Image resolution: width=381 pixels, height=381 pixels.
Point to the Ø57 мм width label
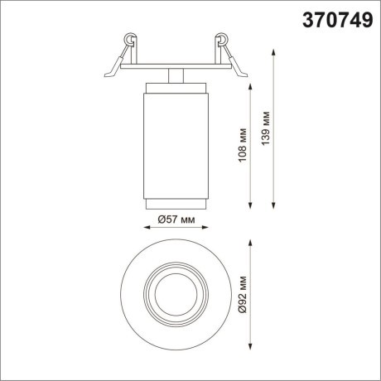(176, 220)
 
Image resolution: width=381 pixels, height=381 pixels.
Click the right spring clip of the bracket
(221, 40)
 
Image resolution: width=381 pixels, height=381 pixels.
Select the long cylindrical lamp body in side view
(174, 141)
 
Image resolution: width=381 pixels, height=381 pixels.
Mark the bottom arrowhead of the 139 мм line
(274, 204)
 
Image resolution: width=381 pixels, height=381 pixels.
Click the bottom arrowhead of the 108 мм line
(252, 204)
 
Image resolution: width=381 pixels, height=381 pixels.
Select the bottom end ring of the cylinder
(174, 204)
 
